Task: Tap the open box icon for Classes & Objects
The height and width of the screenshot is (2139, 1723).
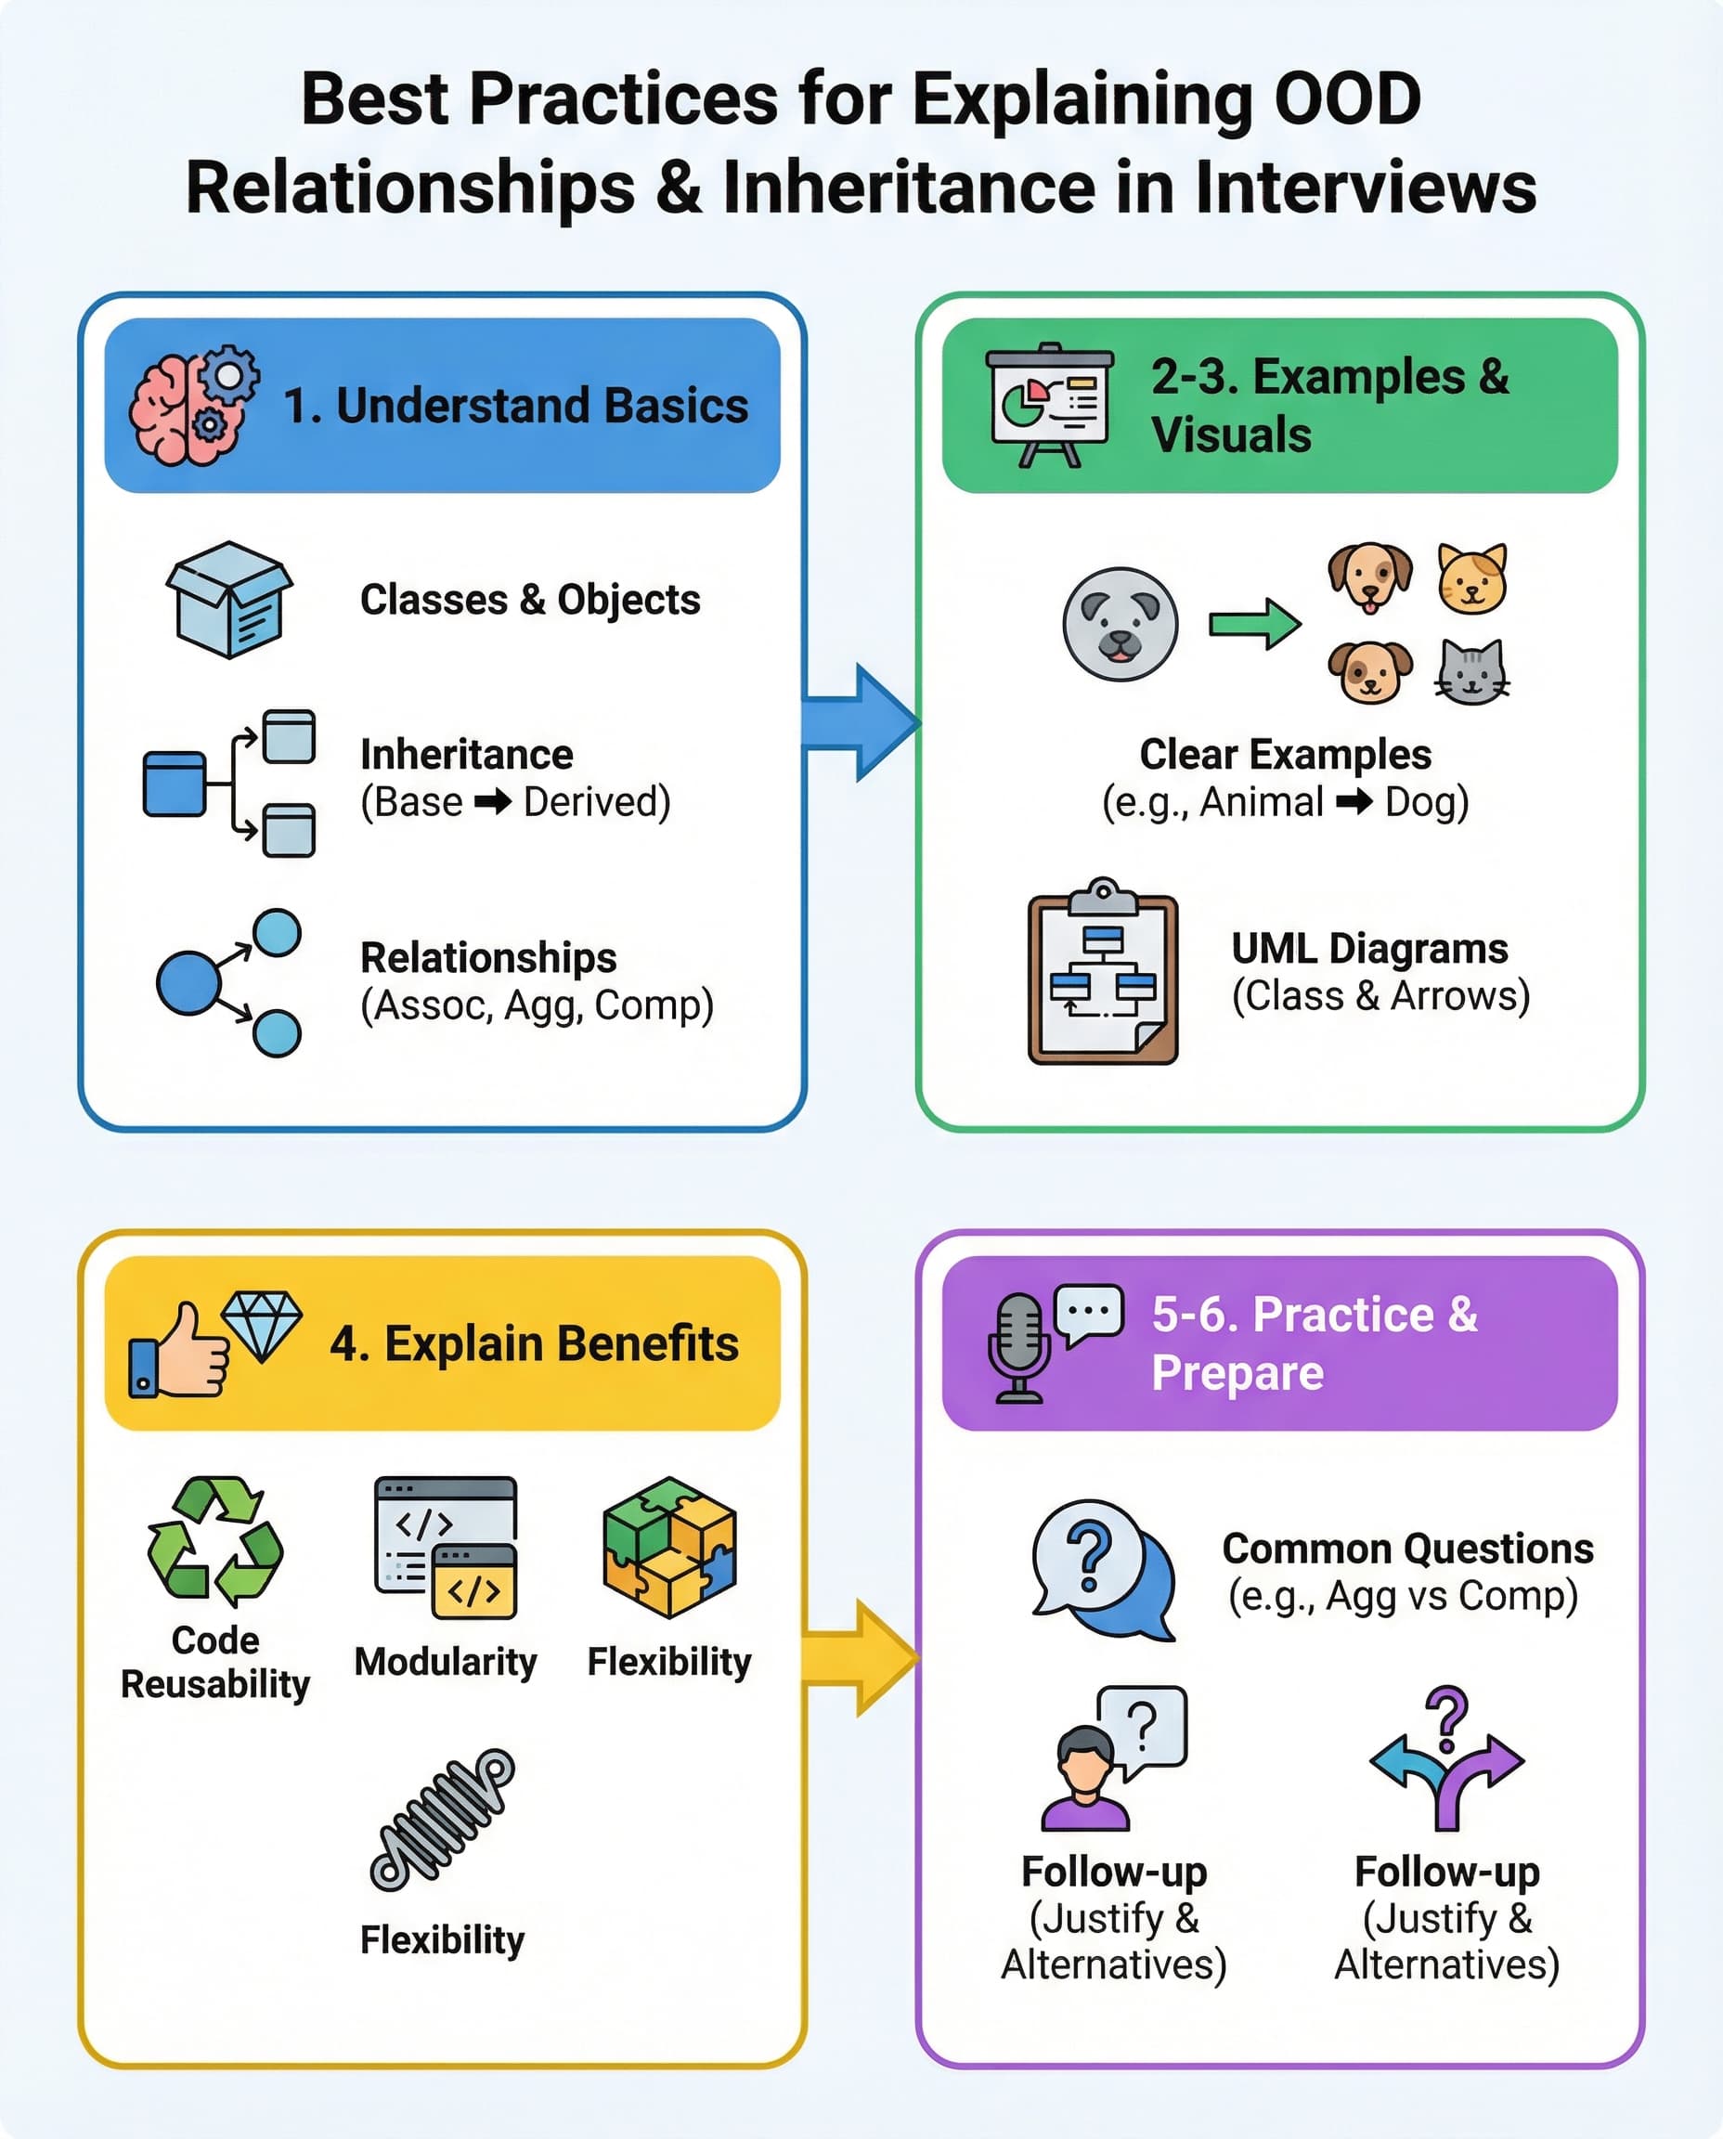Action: pyautogui.click(x=229, y=600)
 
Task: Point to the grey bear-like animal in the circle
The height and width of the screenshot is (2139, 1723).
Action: pyautogui.click(x=1120, y=624)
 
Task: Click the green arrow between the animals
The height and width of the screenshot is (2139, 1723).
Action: pyautogui.click(x=1253, y=624)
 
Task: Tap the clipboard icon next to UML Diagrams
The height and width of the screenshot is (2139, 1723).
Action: pyautogui.click(x=1103, y=974)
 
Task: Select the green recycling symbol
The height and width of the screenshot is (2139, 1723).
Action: pyautogui.click(x=215, y=1540)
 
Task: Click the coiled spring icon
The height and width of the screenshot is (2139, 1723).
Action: pyautogui.click(x=443, y=1820)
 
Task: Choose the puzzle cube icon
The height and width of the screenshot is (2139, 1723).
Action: pyautogui.click(x=670, y=1547)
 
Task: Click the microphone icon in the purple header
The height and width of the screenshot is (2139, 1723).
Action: pyautogui.click(x=1019, y=1347)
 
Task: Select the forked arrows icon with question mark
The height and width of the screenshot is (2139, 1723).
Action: pyautogui.click(x=1447, y=1760)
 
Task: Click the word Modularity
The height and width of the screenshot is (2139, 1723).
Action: pyautogui.click(x=446, y=1662)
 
